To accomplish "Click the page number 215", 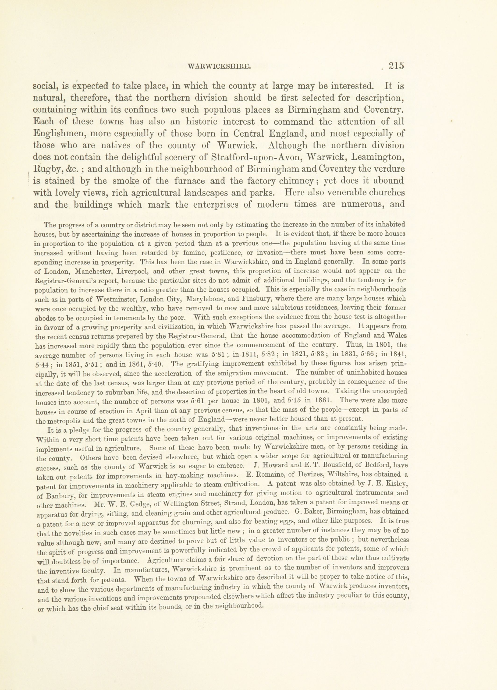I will pos(396,66).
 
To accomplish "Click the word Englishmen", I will pos(58,134).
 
